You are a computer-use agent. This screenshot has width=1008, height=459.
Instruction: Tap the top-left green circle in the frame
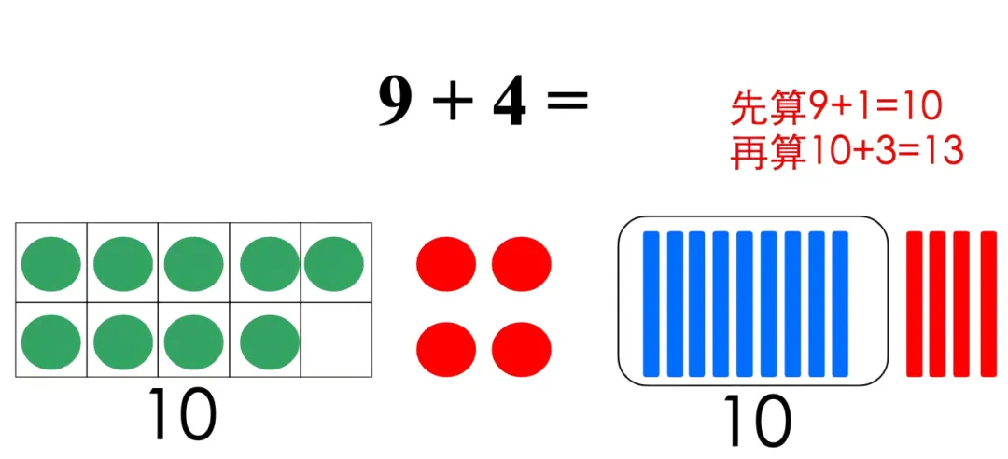[x=51, y=263]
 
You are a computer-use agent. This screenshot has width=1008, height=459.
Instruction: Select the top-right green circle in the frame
[x=333, y=263]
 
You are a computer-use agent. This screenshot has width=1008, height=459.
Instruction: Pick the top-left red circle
[x=446, y=263]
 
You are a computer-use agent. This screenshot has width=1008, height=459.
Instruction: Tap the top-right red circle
[x=521, y=263]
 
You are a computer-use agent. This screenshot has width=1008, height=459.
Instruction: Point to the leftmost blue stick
[x=651, y=303]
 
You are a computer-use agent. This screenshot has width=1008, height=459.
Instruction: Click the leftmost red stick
[x=914, y=303]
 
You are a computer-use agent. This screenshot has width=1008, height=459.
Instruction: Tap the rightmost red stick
[x=988, y=303]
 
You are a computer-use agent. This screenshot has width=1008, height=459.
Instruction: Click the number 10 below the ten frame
[x=182, y=415]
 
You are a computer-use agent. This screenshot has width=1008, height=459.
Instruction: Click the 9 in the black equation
[x=395, y=102]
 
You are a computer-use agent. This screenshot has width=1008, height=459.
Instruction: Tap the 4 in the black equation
[x=510, y=102]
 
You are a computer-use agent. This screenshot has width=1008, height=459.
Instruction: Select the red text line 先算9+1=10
[x=835, y=109]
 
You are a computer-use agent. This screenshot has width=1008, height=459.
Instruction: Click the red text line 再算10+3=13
[x=846, y=151]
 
